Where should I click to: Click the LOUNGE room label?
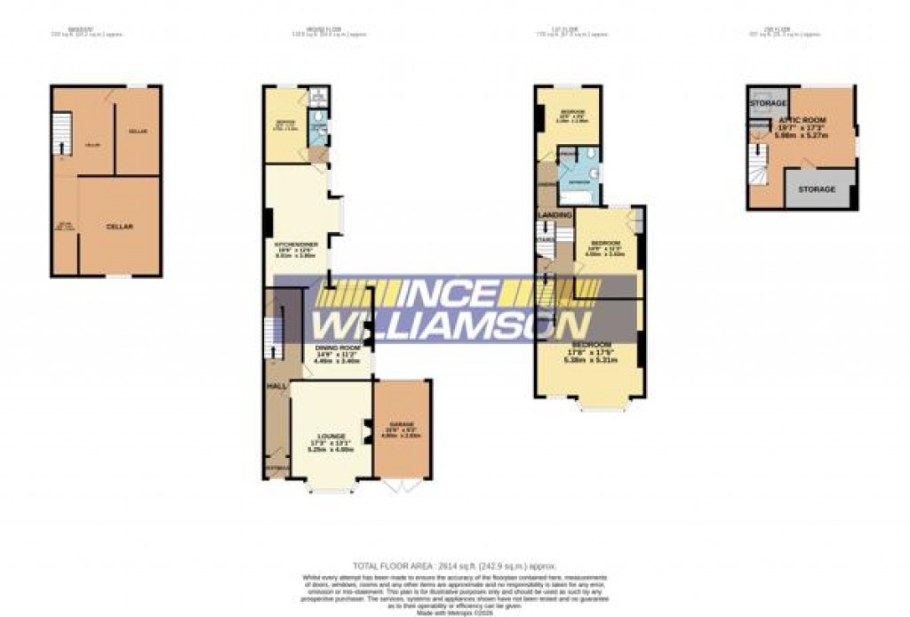pos(331,437)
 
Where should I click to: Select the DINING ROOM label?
pos(337,348)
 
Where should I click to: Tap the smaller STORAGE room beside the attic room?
pos(767,104)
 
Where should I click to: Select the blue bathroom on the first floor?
pos(579,175)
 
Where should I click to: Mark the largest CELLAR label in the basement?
pos(119,227)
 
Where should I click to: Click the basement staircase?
pos(61,135)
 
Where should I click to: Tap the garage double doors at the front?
pos(402,486)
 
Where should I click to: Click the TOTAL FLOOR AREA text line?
pos(454,565)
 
